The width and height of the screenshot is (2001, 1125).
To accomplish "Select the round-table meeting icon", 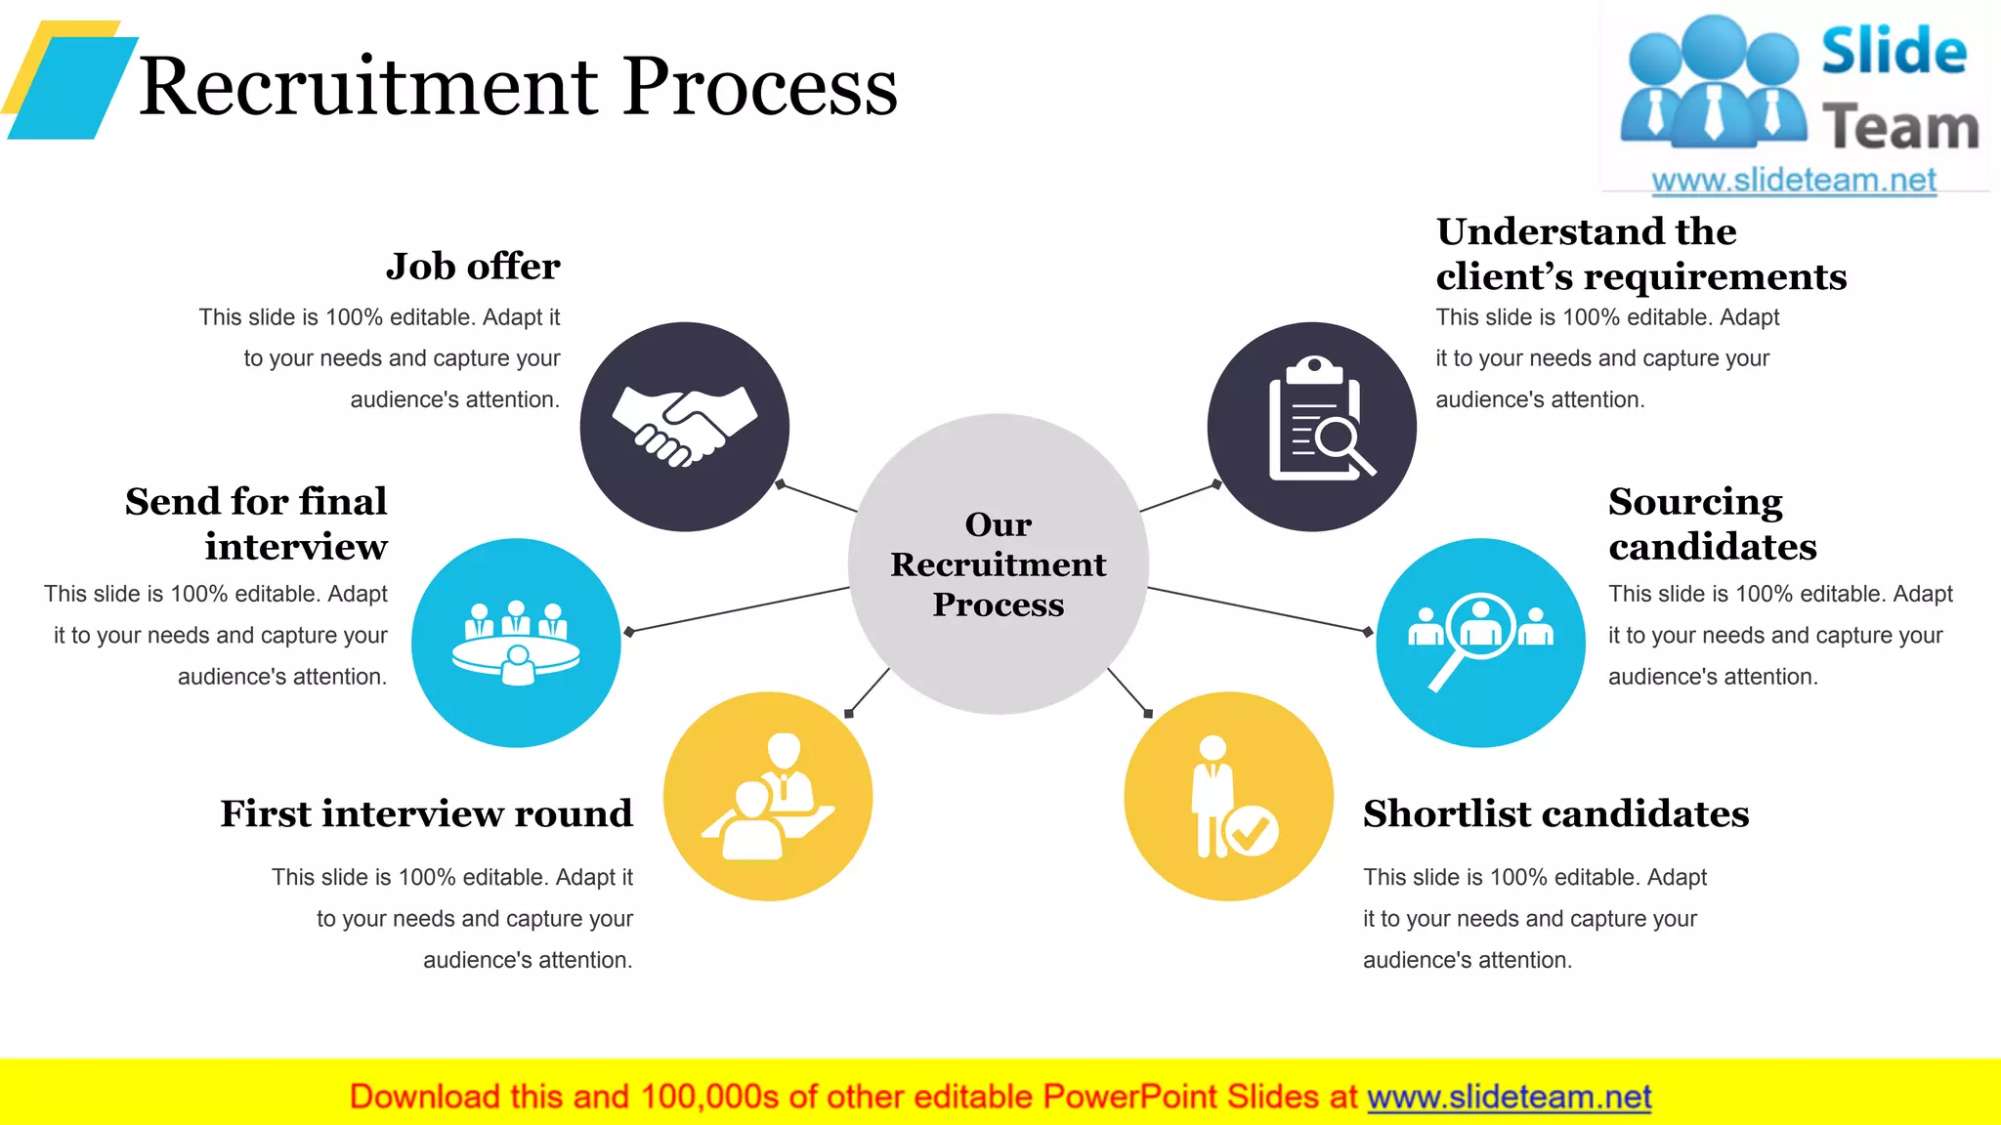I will click(516, 643).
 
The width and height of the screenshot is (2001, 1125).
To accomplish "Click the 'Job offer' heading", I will click(473, 266).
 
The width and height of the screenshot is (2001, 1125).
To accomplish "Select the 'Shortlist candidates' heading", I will click(1555, 813).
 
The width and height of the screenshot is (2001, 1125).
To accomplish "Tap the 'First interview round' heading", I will click(426, 813).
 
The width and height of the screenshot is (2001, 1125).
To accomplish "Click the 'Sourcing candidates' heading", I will click(1712, 523).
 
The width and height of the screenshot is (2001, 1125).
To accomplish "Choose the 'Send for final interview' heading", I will click(258, 523).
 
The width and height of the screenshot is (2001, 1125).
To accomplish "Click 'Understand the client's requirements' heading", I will click(1640, 254).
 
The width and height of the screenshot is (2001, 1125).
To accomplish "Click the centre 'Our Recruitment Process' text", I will click(998, 564).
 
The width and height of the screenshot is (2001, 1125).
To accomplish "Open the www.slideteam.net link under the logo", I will click(1793, 181).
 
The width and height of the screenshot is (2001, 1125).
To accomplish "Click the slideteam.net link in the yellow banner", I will click(1509, 1097).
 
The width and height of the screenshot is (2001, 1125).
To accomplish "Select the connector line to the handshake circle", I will click(818, 497).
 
